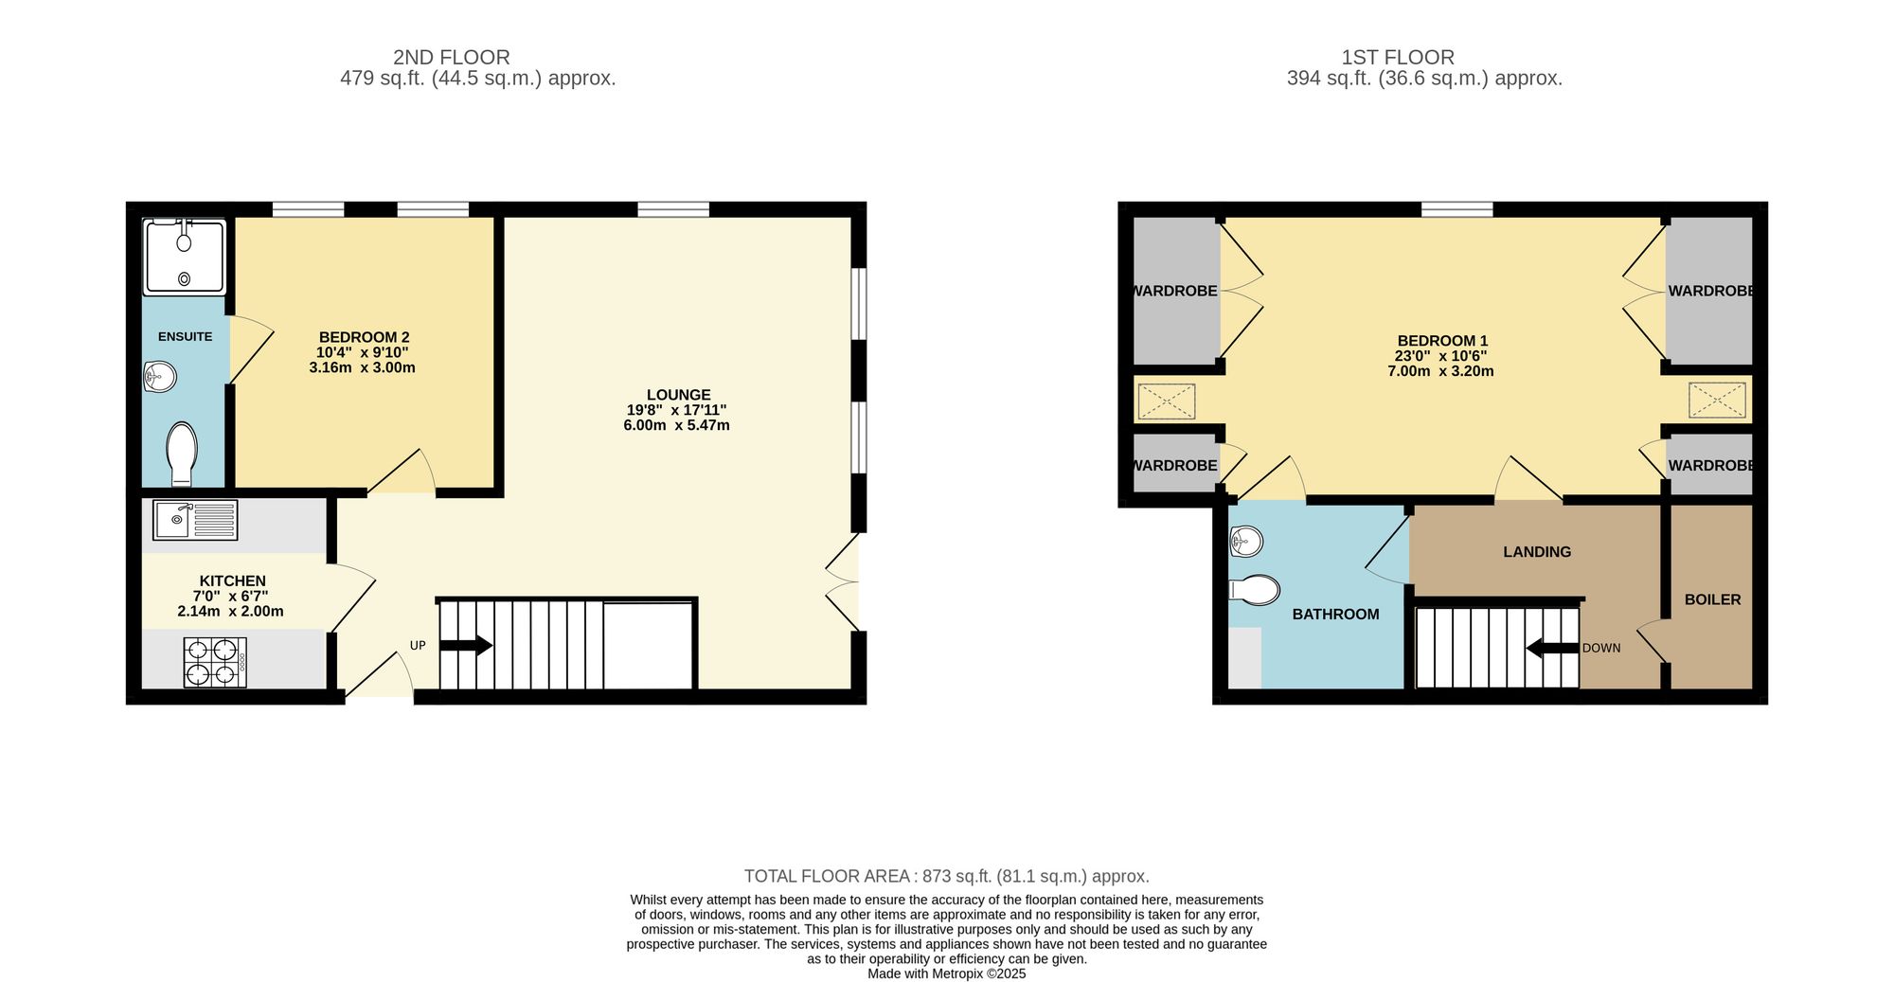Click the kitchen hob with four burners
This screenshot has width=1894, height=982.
click(215, 662)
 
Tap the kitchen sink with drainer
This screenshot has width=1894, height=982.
click(195, 520)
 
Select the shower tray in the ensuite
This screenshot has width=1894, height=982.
click(185, 256)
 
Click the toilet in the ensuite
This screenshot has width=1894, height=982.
click(181, 453)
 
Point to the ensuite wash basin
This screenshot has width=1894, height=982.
click(160, 377)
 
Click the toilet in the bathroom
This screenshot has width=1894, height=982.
click(1254, 589)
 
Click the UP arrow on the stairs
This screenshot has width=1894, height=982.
click(466, 646)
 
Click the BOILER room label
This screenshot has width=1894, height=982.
click(1712, 599)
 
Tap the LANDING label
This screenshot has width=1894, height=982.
click(1536, 552)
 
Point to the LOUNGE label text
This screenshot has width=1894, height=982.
click(678, 395)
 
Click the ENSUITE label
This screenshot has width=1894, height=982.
click(185, 337)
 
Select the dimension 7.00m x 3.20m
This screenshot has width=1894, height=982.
click(1440, 371)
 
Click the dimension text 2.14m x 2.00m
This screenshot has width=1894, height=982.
click(230, 612)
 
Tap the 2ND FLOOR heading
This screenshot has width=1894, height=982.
click(451, 57)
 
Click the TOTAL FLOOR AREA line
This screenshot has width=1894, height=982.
click(946, 876)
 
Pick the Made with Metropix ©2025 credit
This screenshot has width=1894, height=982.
click(946, 973)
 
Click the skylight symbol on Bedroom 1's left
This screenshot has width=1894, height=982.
click(1166, 401)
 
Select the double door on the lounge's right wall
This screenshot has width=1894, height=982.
click(843, 582)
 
